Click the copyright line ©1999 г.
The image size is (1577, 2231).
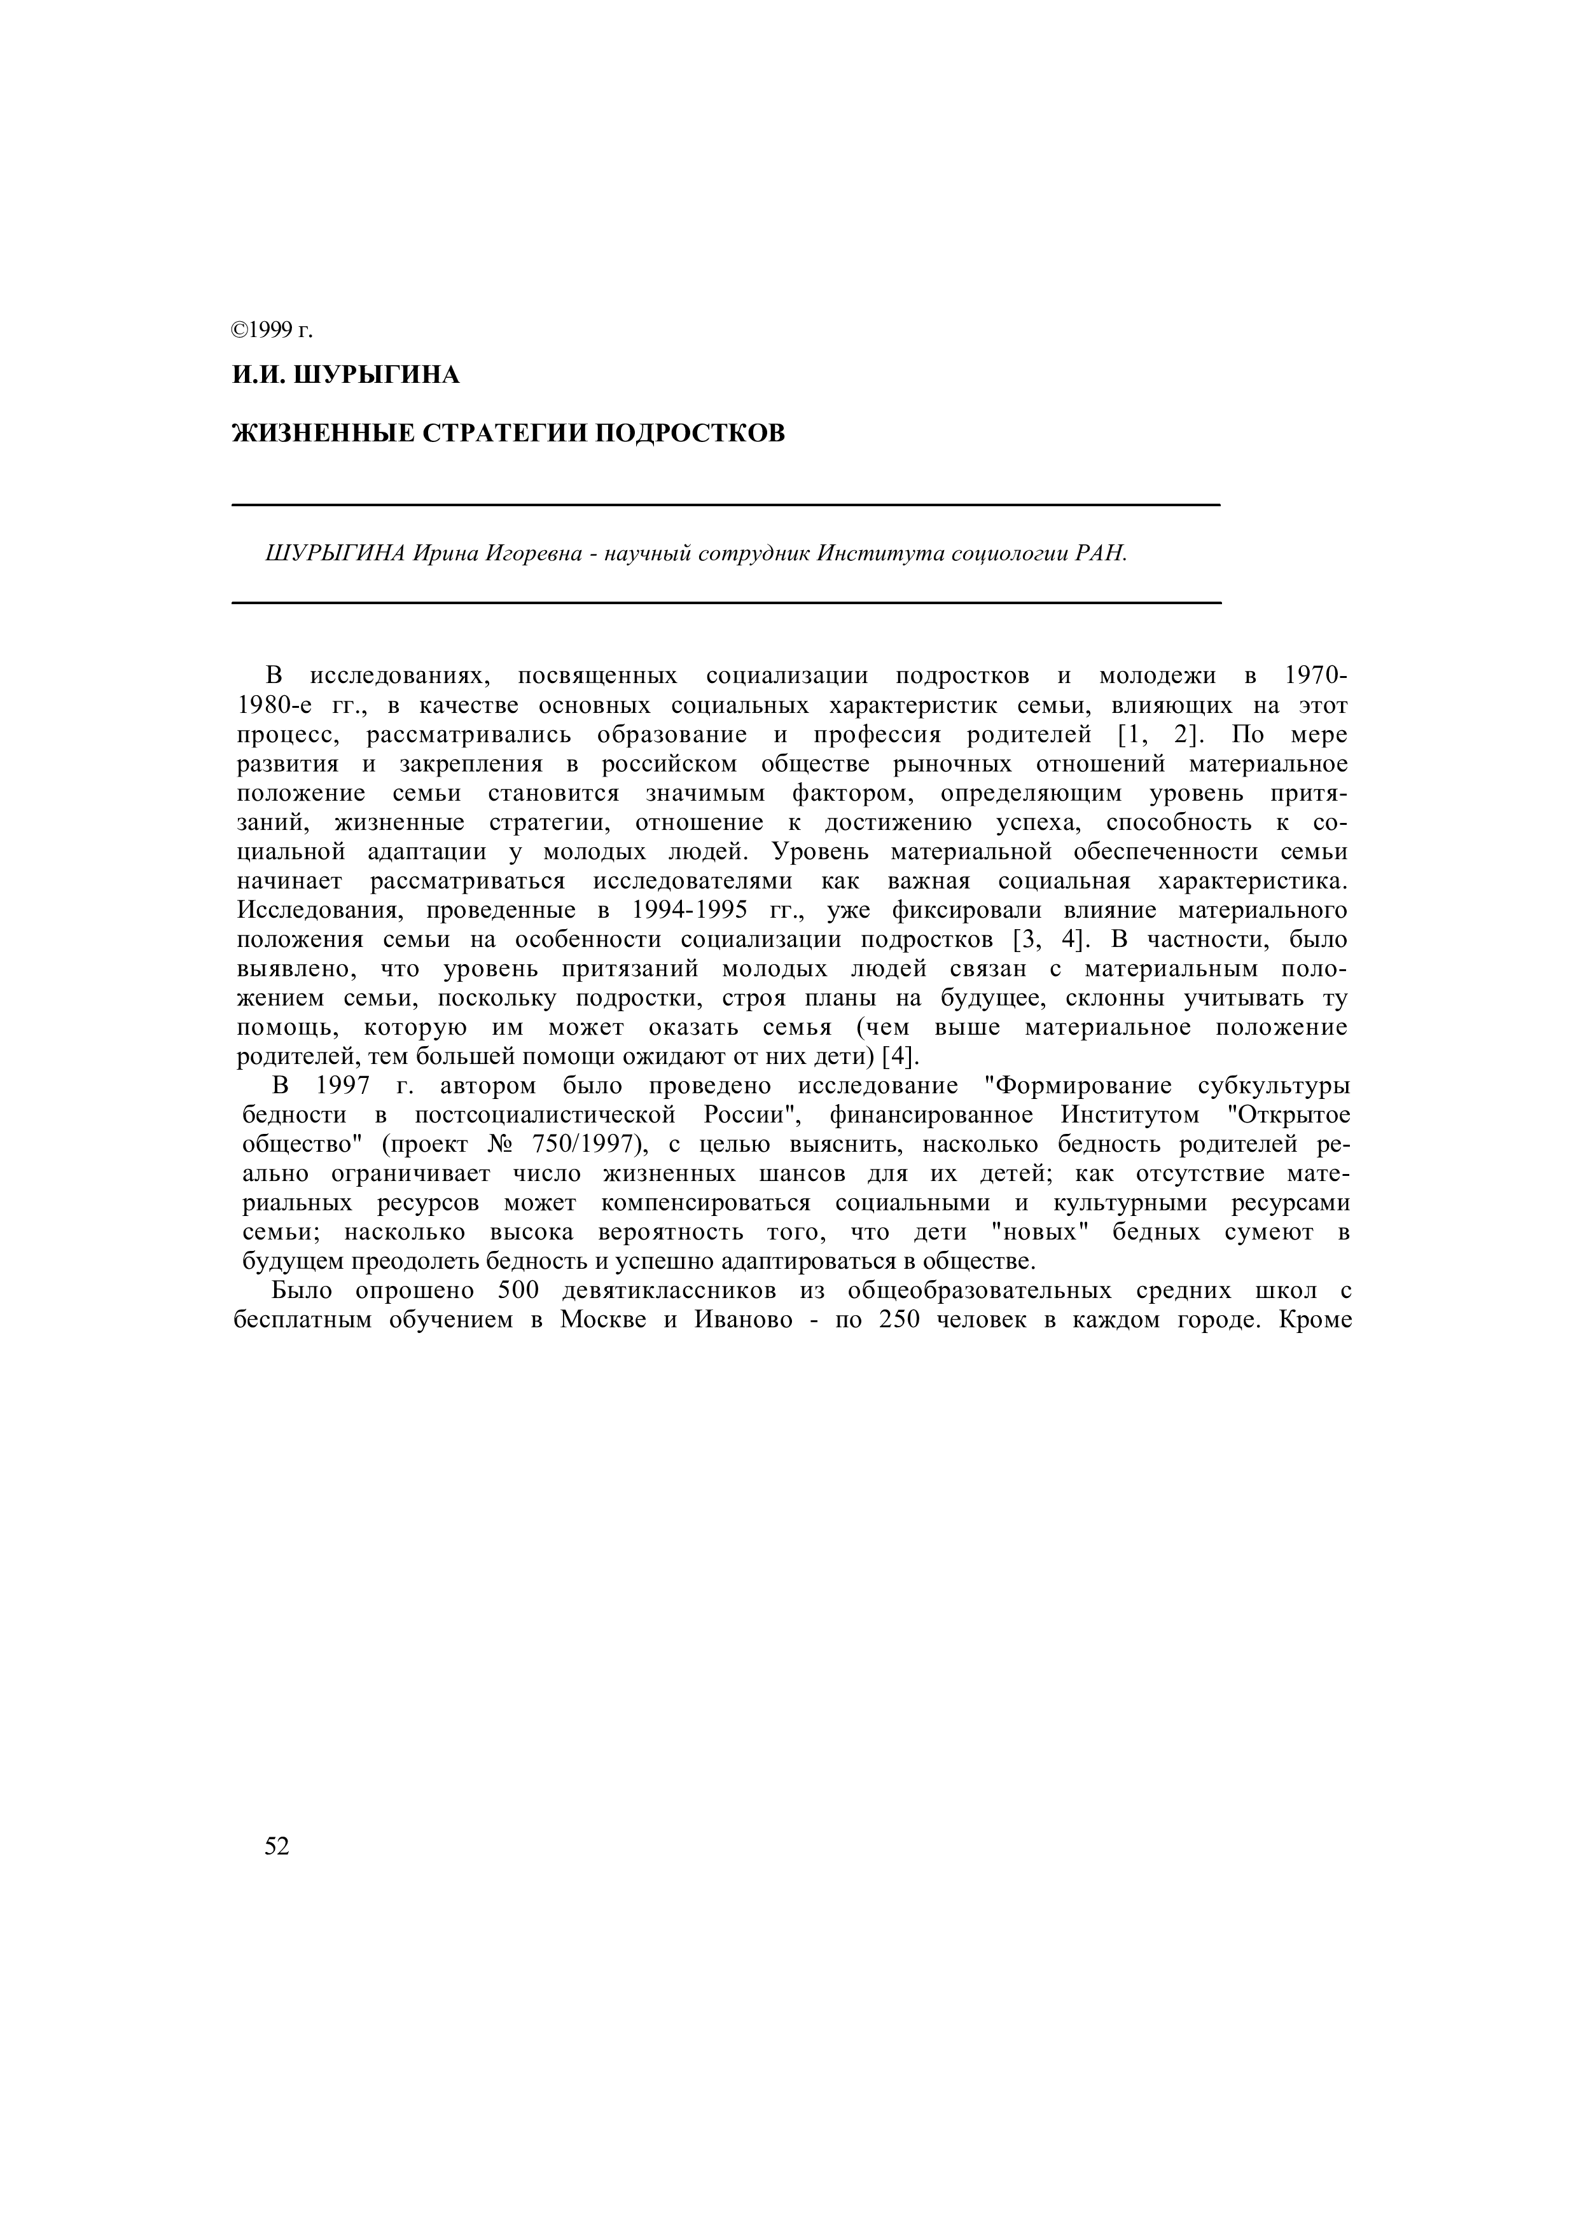(x=272, y=330)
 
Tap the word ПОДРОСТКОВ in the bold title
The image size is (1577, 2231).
(x=689, y=432)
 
